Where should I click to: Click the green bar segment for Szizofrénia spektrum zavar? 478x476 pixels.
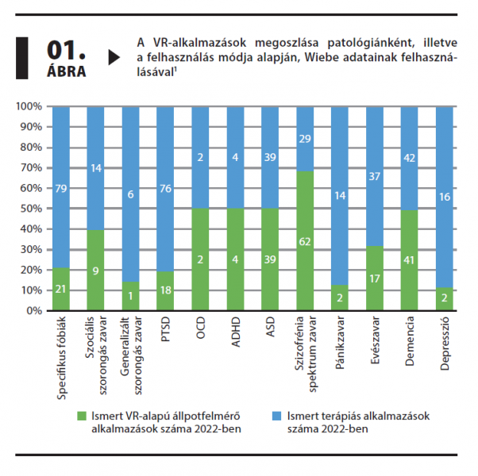(x=304, y=240)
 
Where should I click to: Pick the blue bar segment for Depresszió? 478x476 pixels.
(x=445, y=197)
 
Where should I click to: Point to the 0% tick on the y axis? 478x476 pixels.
(x=33, y=311)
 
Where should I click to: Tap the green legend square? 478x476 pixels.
(x=80, y=413)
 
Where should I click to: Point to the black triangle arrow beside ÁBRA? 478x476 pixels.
(x=114, y=57)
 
